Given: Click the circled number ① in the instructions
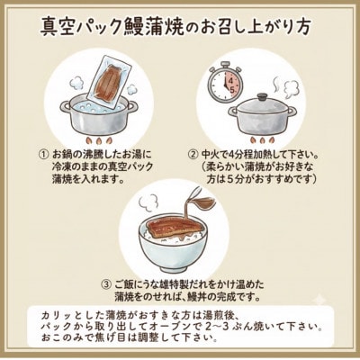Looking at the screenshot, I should coord(43,153).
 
